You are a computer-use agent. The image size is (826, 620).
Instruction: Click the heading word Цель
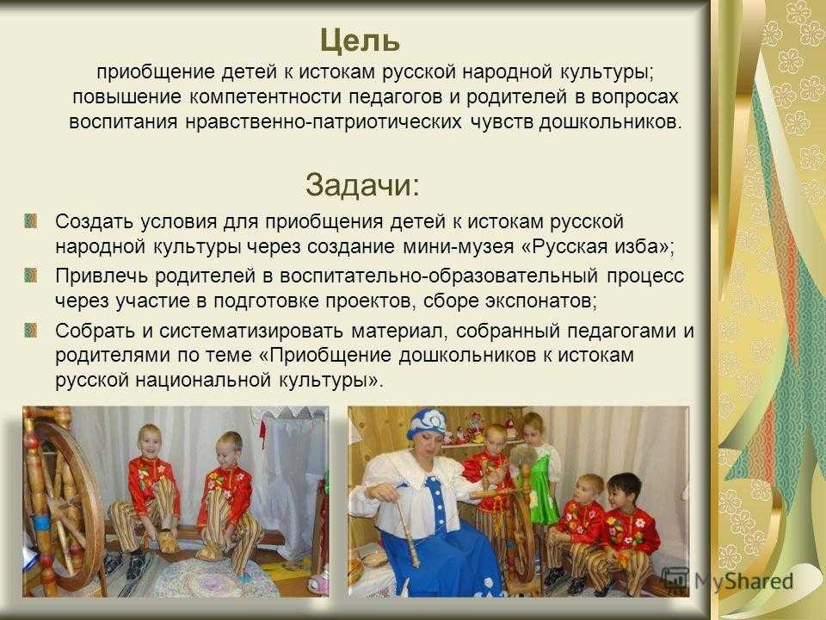pyautogui.click(x=360, y=41)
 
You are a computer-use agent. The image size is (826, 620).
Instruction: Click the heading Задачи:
pyautogui.click(x=363, y=185)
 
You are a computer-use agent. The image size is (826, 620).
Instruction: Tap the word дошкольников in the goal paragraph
pyautogui.click(x=610, y=121)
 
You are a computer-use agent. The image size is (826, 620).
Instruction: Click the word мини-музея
pyautogui.click(x=459, y=246)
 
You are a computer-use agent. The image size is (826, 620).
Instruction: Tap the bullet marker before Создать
pyautogui.click(x=31, y=220)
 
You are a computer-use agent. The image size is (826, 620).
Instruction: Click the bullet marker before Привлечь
pyautogui.click(x=31, y=276)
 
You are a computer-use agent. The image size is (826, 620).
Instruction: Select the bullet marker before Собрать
pyautogui.click(x=31, y=330)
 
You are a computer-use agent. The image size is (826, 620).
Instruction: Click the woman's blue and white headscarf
pyautogui.click(x=428, y=424)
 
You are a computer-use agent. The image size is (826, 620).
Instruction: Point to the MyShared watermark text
pyautogui.click(x=743, y=581)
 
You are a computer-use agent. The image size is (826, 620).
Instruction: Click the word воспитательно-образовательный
pyautogui.click(x=438, y=276)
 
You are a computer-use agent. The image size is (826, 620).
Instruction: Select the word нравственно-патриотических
pyautogui.click(x=323, y=121)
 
